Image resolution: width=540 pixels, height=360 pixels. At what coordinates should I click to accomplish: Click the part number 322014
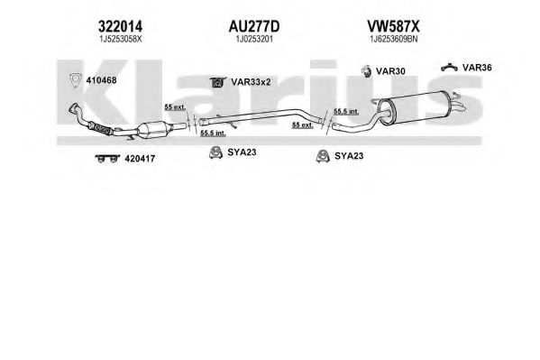(120, 26)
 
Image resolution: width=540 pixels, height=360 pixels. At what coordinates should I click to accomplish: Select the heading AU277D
(254, 26)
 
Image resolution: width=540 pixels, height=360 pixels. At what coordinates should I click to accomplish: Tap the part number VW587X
(393, 26)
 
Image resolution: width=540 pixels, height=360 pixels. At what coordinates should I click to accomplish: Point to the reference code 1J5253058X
(121, 39)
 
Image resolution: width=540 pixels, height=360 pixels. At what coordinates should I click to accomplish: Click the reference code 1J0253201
(254, 39)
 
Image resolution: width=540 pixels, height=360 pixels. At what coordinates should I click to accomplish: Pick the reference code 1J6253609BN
(394, 39)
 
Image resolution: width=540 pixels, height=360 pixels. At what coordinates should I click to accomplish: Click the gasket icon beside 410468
(75, 80)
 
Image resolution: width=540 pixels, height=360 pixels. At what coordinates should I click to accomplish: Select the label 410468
(101, 80)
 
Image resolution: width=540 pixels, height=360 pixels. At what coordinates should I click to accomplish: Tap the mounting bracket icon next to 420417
(107, 158)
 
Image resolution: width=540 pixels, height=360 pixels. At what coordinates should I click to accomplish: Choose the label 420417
(140, 159)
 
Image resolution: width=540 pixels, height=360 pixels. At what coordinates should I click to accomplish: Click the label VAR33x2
(251, 82)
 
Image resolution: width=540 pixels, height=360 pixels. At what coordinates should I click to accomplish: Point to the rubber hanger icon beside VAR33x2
(217, 82)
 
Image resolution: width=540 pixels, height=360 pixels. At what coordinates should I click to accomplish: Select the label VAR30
(390, 71)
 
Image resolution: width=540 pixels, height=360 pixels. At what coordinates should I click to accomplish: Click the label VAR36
(477, 68)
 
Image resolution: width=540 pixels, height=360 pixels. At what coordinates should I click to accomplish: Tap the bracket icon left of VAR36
(449, 68)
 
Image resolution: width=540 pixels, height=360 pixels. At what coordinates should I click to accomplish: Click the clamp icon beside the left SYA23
(215, 152)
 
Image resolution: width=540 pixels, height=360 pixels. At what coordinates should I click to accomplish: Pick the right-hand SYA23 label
(349, 156)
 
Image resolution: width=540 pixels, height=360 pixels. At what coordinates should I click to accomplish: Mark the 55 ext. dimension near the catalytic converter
(175, 107)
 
